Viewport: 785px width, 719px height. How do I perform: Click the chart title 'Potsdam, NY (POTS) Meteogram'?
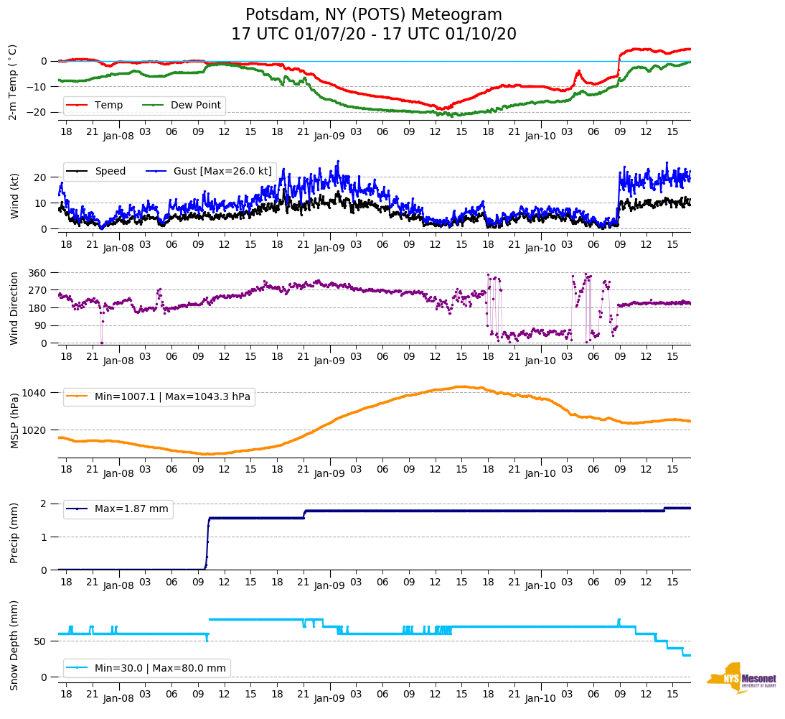(373, 15)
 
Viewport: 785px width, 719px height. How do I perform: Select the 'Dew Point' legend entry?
(196, 106)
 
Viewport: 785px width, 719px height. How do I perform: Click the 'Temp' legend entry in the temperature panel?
(108, 106)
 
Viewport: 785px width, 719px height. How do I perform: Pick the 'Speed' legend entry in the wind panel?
(110, 171)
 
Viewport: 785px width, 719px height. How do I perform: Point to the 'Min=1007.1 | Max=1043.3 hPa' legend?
(172, 396)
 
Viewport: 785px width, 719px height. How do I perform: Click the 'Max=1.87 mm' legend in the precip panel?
(131, 509)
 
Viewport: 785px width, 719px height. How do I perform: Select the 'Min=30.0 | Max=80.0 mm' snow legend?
(160, 668)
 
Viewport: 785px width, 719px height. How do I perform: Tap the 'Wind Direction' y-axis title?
(15, 307)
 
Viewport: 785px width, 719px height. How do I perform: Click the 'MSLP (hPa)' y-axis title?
(15, 420)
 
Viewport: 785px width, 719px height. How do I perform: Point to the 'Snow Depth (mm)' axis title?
(15, 645)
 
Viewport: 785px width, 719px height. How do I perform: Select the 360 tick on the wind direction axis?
(38, 273)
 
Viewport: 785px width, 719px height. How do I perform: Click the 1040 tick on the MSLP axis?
(35, 393)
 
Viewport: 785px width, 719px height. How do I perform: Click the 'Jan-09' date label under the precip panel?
(329, 586)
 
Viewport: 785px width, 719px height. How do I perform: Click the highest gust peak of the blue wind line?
(338, 162)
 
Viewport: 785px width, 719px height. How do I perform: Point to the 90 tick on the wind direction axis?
(41, 325)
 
